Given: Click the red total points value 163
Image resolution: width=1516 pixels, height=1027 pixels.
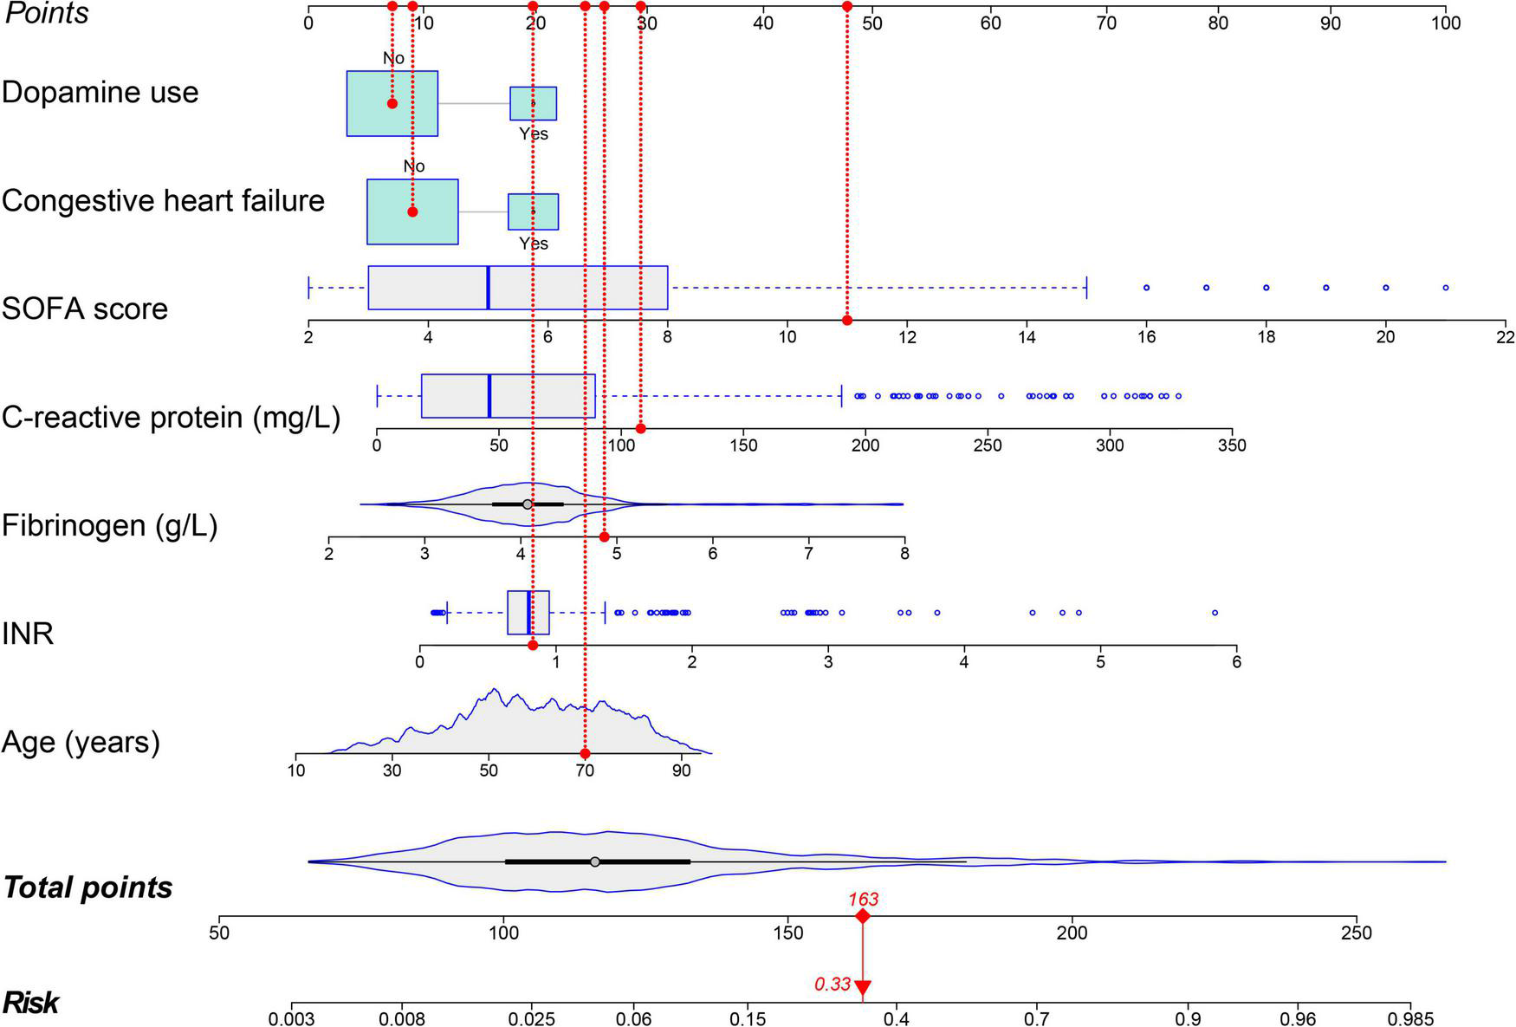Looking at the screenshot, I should [863, 900].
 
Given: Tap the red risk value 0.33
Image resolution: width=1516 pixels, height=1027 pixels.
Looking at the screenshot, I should [833, 985].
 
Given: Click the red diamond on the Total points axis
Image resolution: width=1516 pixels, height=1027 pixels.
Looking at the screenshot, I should [862, 917].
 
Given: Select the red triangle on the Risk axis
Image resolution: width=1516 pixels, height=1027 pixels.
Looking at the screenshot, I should [862, 987].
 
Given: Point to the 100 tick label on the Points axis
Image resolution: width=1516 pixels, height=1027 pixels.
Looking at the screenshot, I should [1446, 23].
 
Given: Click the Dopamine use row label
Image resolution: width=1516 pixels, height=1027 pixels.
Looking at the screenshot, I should [100, 93].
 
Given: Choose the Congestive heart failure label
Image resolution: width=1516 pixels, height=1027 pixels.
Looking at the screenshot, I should [163, 201].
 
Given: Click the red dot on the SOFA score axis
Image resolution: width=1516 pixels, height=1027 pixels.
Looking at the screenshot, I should [847, 321].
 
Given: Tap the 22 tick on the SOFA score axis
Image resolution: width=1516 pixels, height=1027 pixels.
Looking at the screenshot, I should [1506, 336].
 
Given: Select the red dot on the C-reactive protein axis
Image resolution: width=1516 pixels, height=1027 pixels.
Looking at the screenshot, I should [641, 428].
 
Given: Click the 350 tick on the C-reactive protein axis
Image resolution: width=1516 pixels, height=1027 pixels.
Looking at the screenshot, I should [1232, 445].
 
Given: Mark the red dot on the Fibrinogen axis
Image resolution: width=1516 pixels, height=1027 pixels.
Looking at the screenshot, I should [605, 536].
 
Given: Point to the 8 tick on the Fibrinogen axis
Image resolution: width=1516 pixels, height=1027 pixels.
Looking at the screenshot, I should [904, 553].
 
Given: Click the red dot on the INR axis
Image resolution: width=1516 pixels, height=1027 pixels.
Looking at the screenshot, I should [533, 645].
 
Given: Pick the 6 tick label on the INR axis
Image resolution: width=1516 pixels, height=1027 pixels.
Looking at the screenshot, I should [1237, 662].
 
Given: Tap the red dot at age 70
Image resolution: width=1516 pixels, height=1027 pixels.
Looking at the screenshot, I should [585, 754].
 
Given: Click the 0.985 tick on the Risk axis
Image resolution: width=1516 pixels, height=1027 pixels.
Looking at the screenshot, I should [1410, 1019].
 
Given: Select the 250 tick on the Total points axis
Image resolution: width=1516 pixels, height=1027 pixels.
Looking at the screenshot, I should [1357, 933].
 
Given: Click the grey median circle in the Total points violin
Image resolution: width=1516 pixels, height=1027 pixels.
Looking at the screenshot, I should [595, 861].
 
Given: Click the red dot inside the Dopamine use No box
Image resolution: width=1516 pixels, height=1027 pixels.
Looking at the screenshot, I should [392, 103].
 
